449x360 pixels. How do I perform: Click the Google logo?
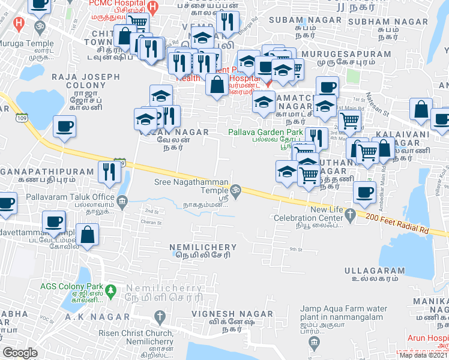pyautogui.click(x=20, y=353)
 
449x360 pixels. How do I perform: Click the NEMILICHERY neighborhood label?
pyautogui.click(x=200, y=247)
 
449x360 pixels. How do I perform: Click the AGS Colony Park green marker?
pyautogui.click(x=110, y=290)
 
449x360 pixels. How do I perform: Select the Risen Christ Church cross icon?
pyautogui.click(x=159, y=316)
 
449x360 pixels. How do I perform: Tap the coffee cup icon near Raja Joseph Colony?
pyautogui.click(x=64, y=127)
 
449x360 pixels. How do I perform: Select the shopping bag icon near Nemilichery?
pyautogui.click(x=88, y=236)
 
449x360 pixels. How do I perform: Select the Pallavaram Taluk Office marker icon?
pyautogui.click(x=122, y=200)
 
